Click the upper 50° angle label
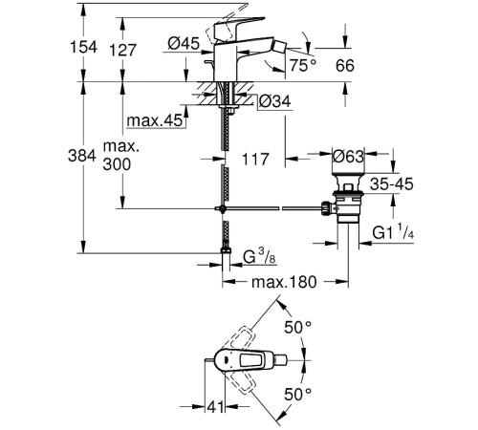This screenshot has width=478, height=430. tap(303, 327)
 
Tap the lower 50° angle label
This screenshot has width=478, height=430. tap(303, 394)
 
